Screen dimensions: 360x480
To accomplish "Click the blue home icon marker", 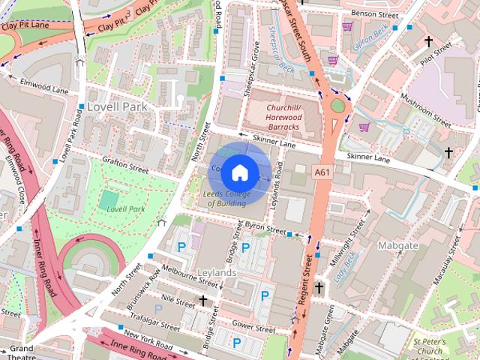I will (x=239, y=172).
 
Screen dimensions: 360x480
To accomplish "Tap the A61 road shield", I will (x=322, y=172).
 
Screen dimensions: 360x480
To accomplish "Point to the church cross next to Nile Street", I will (x=202, y=301).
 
